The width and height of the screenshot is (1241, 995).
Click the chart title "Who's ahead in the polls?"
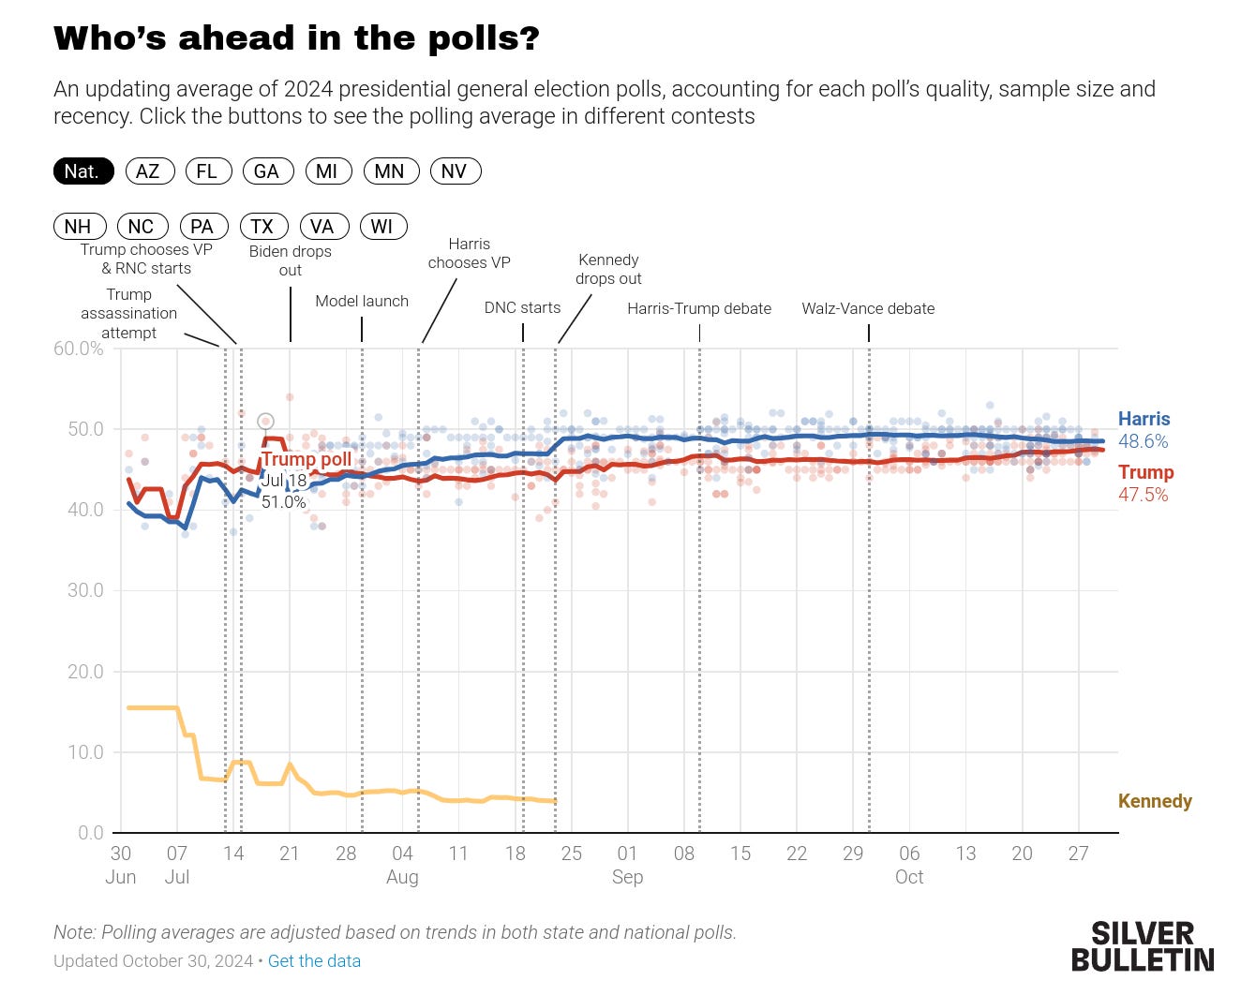tap(296, 38)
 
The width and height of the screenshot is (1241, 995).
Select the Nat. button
tap(82, 171)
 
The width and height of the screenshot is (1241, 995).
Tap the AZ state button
tap(148, 171)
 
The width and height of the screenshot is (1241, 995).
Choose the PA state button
tap(202, 227)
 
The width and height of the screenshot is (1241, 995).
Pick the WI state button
tap(382, 227)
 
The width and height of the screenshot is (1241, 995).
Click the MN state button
tap(389, 171)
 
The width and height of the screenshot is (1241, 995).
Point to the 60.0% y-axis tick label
tap(79, 349)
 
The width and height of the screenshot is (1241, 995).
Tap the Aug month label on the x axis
tap(402, 877)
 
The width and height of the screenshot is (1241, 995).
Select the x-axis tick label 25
tap(571, 854)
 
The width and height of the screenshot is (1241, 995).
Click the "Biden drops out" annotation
tap(291, 260)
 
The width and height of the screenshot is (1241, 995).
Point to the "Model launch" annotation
tap(362, 301)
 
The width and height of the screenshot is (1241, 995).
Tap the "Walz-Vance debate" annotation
tap(868, 308)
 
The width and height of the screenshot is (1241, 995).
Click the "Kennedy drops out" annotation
tap(608, 269)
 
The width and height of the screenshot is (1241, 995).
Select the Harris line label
tap(1144, 419)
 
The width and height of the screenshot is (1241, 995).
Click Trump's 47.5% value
tap(1144, 495)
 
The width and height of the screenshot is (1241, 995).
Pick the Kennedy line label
tap(1155, 801)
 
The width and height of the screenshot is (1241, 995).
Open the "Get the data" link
tap(314, 961)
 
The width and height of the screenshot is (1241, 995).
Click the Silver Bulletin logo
tap(1142, 946)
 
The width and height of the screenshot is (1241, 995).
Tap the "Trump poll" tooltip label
tap(307, 459)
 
